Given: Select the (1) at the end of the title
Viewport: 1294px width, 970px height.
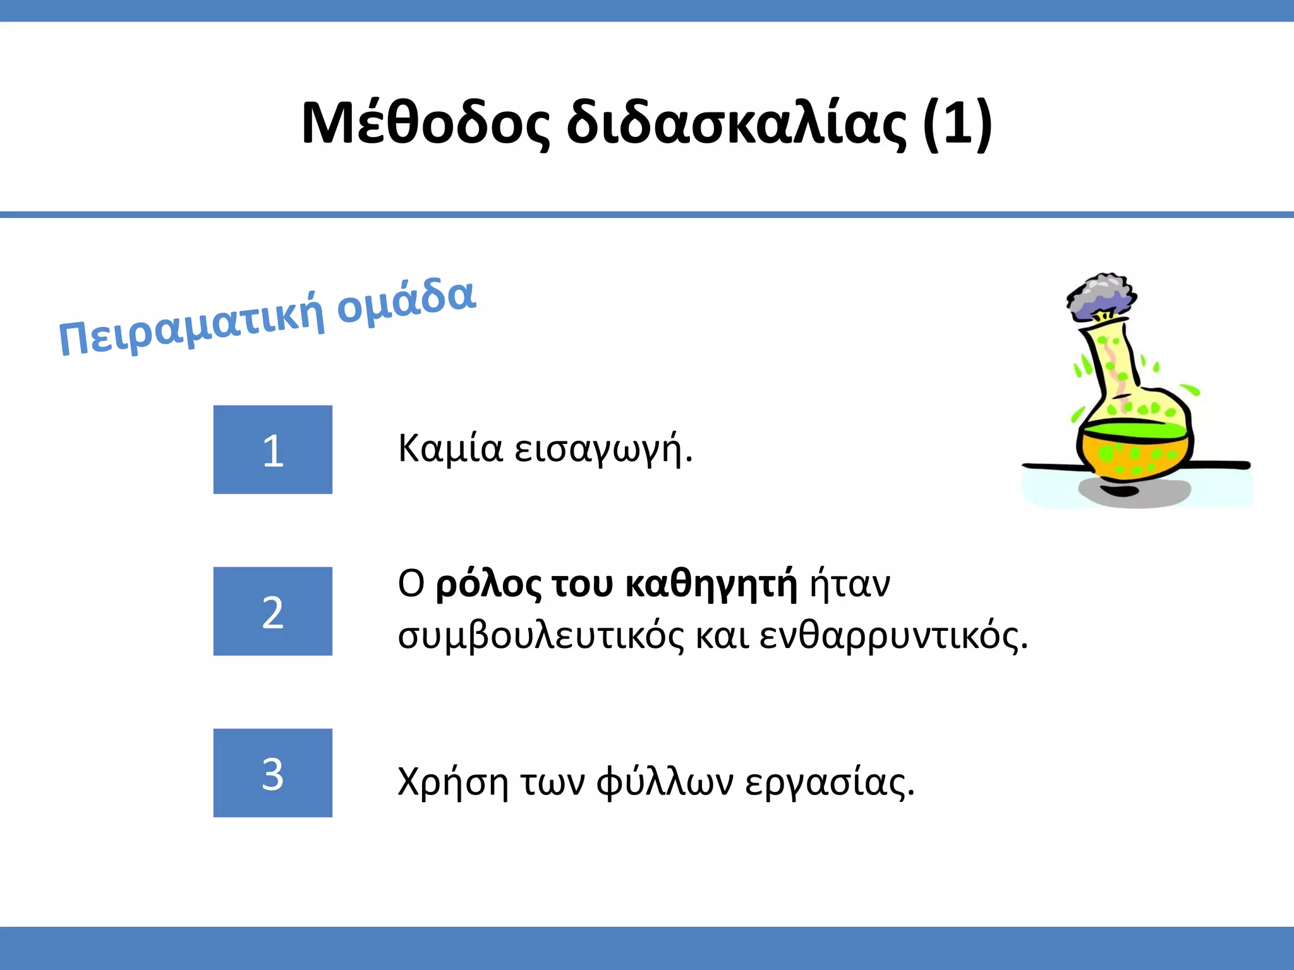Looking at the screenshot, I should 957,124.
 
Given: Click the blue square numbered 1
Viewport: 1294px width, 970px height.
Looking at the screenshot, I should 273,450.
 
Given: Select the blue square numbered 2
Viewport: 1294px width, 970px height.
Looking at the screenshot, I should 273,611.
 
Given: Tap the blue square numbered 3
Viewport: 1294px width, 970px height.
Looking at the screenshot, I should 273,773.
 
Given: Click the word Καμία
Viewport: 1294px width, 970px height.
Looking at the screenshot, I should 450,449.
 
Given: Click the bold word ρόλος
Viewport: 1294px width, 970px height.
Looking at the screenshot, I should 488,585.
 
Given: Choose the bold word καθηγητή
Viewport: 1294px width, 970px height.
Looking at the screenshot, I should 711,585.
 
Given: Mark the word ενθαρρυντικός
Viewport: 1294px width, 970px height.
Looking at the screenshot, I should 893,636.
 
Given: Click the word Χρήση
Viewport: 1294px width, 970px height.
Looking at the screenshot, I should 453,782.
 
